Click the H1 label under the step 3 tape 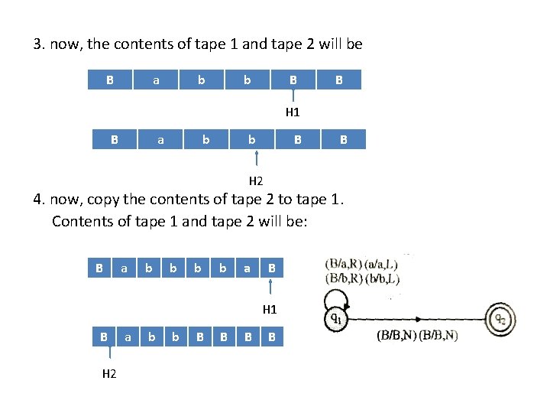[x=293, y=112]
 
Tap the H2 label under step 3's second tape [x=257, y=181]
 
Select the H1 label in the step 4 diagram [x=270, y=310]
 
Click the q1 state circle [x=334, y=317]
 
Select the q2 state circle [x=498, y=317]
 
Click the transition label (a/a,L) [x=381, y=263]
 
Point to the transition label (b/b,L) [x=381, y=278]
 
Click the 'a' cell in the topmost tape [x=157, y=80]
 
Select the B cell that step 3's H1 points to [x=293, y=80]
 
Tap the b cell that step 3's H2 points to [x=251, y=139]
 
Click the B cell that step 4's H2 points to [x=103, y=336]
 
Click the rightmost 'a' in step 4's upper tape [x=247, y=268]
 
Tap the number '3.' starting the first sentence [x=40, y=44]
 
